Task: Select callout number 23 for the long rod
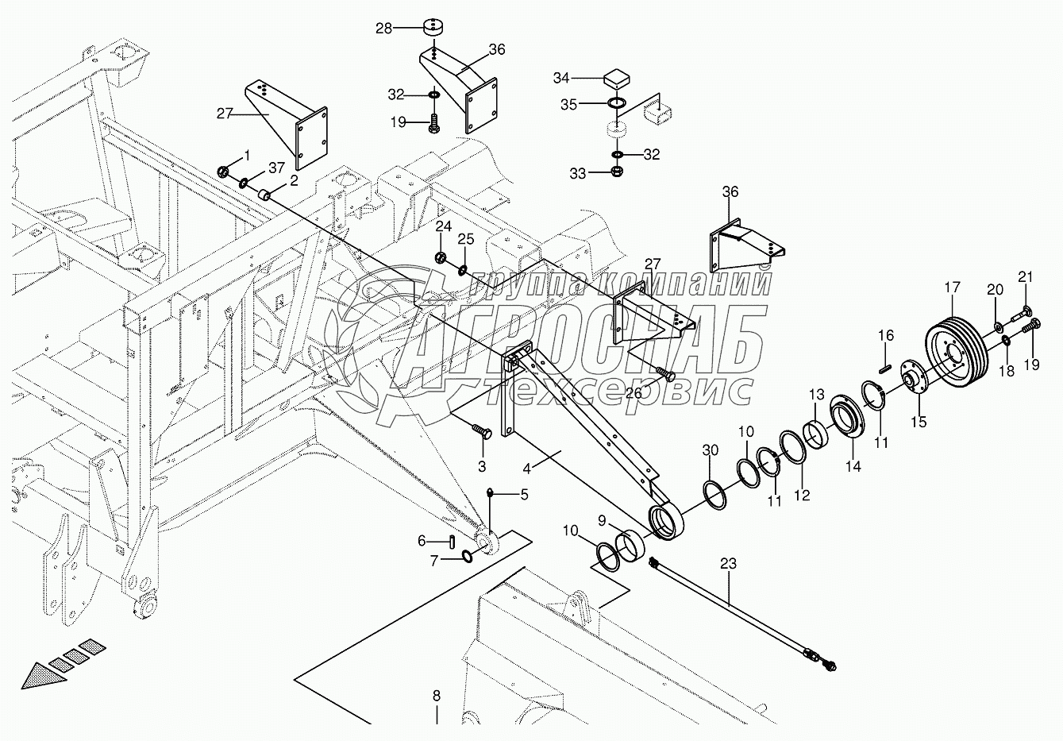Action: [728, 565]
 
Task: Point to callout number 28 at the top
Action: [384, 29]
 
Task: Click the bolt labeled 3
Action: [481, 431]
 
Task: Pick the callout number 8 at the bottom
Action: [436, 697]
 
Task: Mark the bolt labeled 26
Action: [667, 372]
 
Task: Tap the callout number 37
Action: [275, 167]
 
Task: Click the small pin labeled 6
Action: [451, 541]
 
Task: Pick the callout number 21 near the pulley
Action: [1026, 276]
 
